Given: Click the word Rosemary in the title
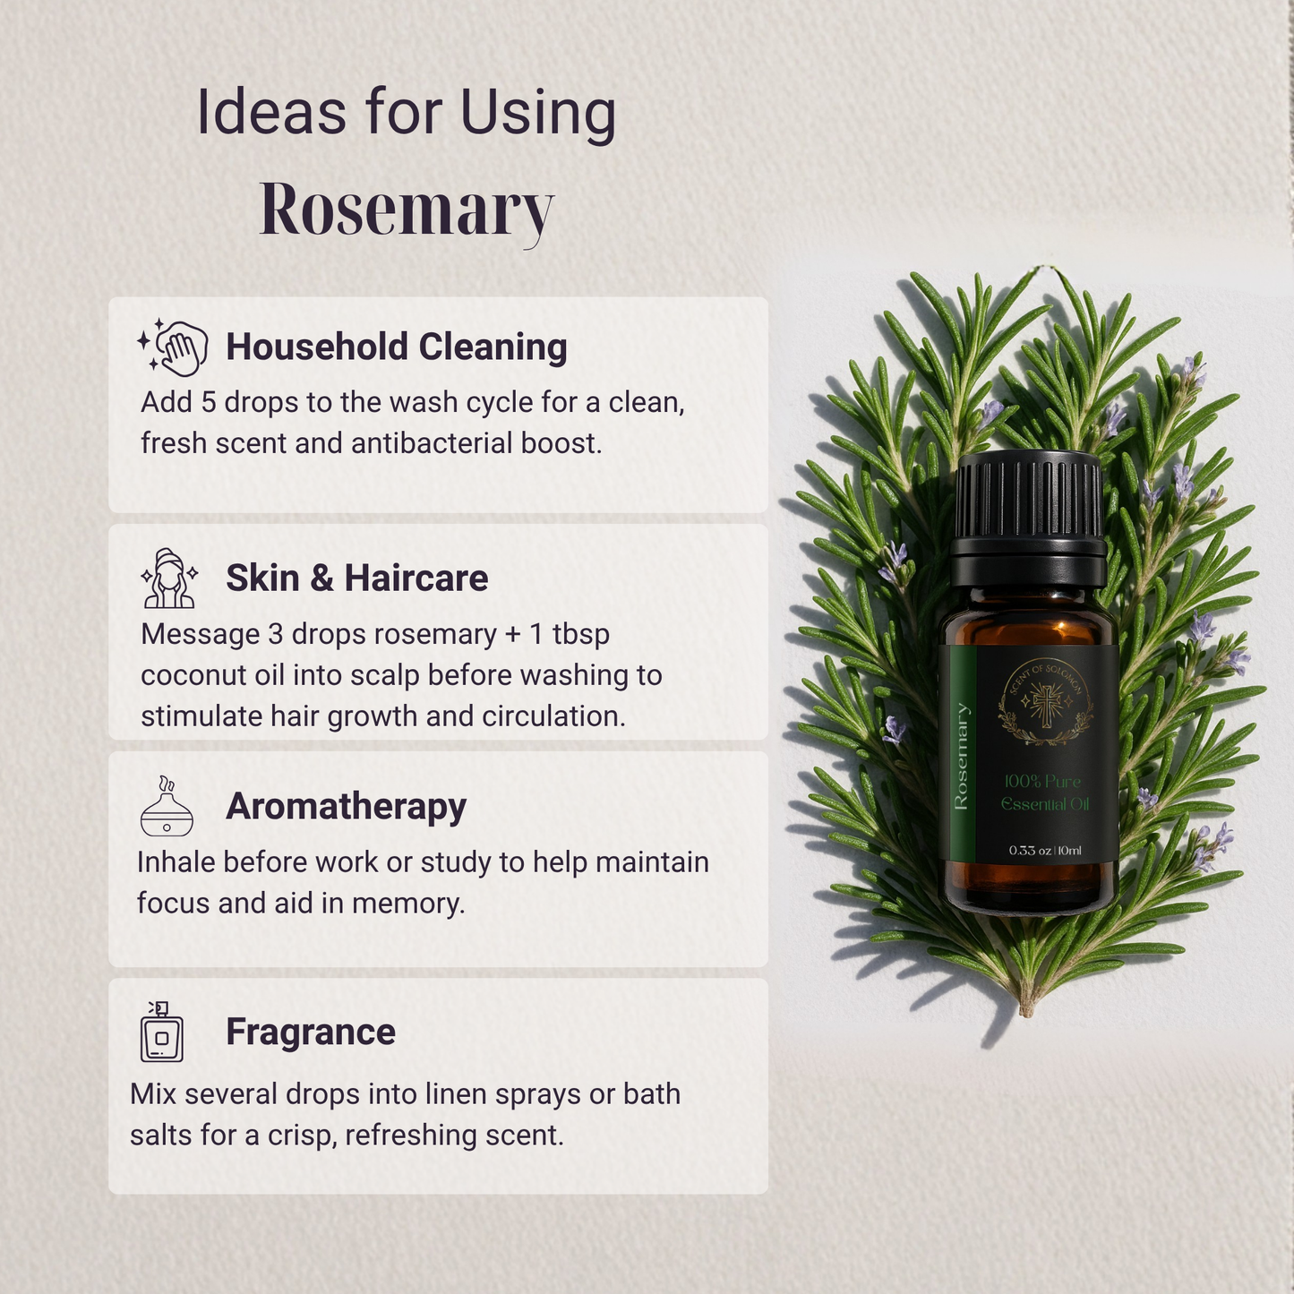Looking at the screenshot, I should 407,210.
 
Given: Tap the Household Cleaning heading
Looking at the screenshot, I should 396,347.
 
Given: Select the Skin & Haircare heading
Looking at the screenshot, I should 356,578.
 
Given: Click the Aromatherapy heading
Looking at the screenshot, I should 346,806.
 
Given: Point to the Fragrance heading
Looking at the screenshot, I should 310,1032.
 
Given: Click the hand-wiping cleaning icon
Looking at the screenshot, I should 173,347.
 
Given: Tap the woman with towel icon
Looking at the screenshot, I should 168,578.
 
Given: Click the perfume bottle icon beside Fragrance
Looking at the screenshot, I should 161,1033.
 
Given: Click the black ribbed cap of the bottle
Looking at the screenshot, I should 1028,497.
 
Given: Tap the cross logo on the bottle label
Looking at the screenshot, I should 1044,704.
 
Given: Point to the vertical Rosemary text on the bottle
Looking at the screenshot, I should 961,757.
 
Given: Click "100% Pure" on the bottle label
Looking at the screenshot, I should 1042,782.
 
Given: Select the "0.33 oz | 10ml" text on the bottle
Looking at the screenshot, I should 1045,850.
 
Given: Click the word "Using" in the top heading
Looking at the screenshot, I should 538,114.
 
